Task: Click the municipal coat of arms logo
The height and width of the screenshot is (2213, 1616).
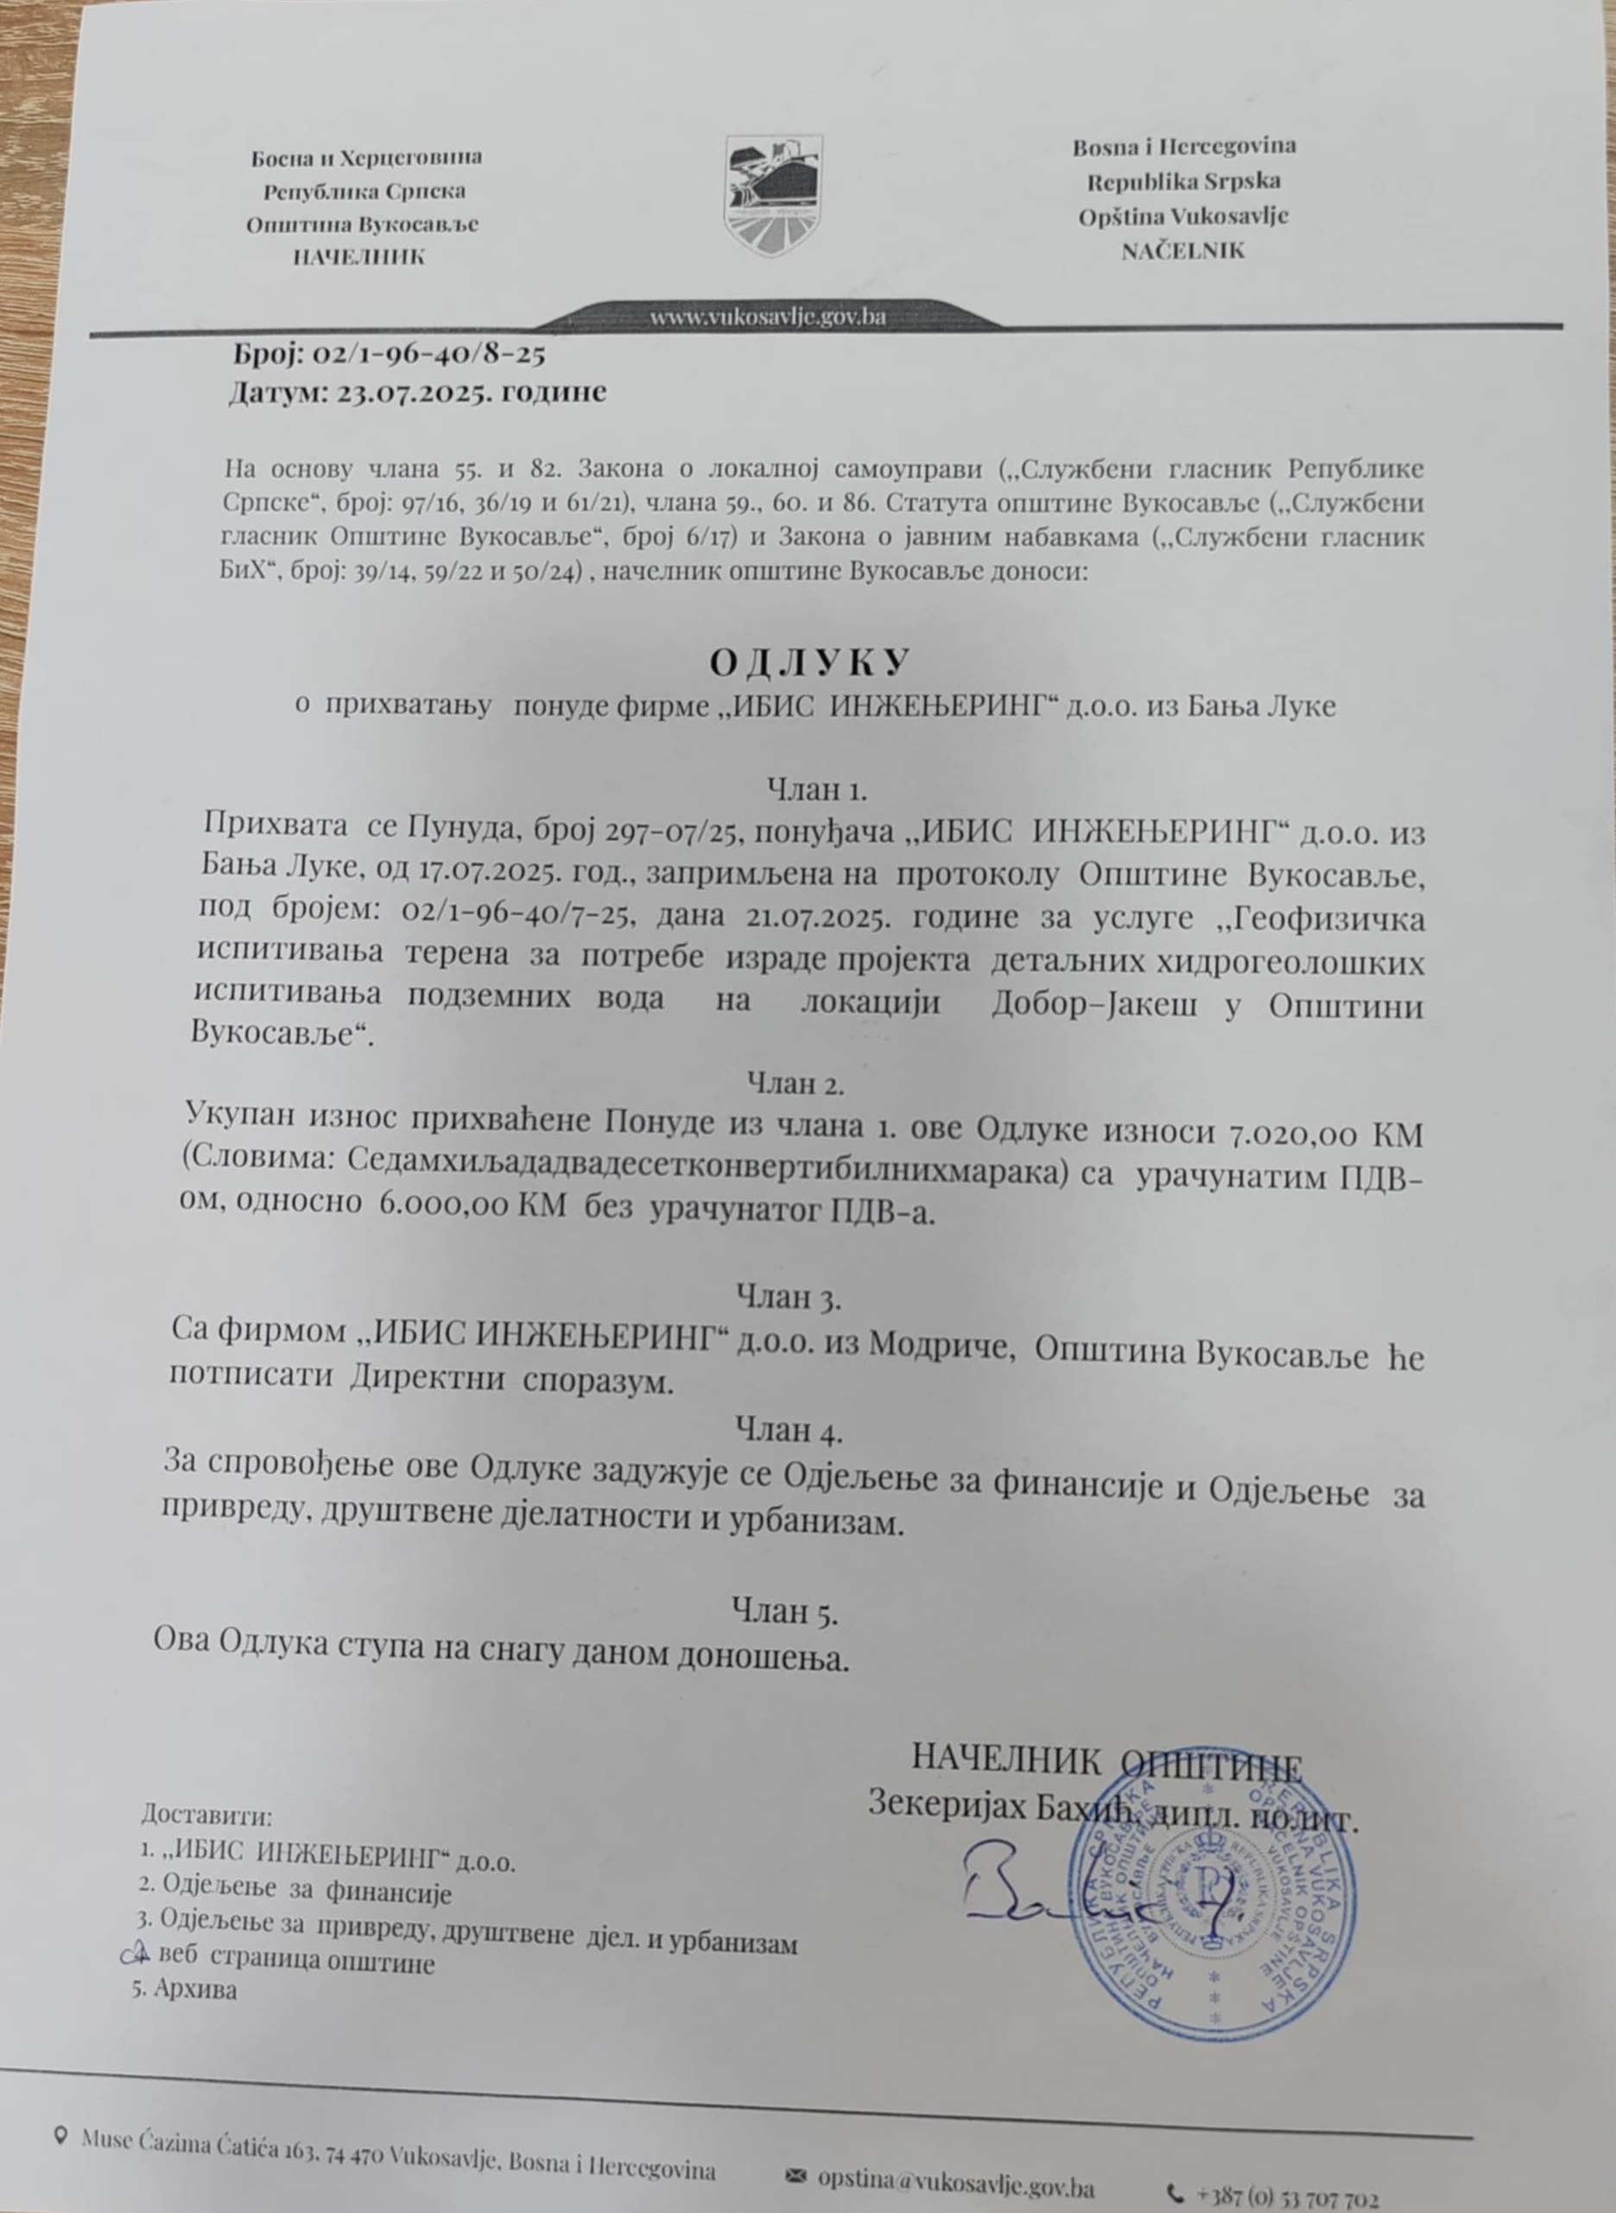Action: (x=774, y=196)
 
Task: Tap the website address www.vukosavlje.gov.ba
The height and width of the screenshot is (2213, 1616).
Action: (x=769, y=318)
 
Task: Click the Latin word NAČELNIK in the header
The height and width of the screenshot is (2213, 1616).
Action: (x=1183, y=250)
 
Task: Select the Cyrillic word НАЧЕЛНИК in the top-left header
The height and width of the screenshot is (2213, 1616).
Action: (x=359, y=257)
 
